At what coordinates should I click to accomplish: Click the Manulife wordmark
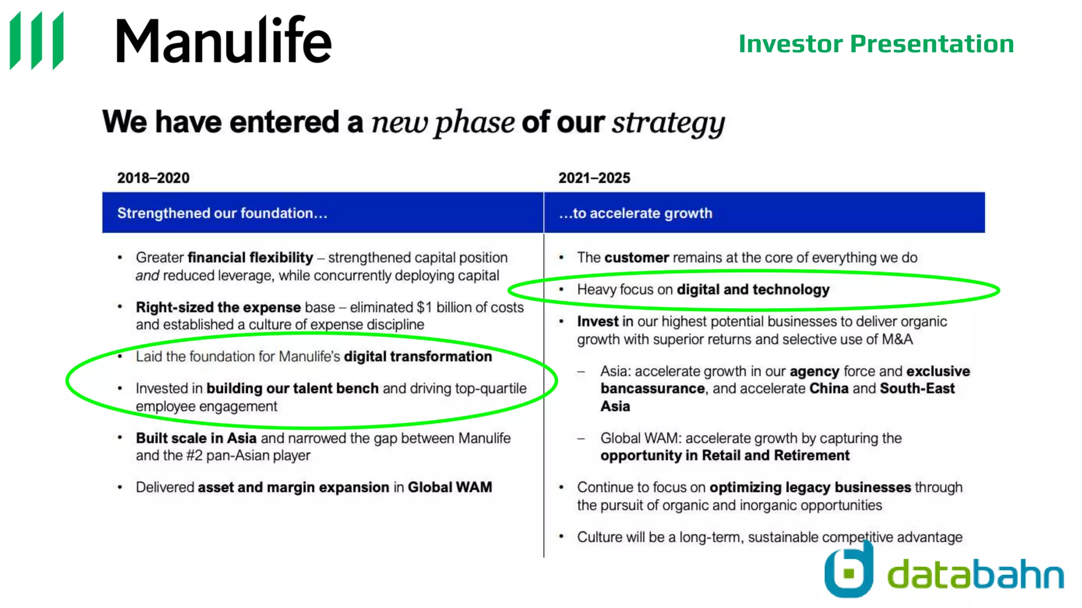click(x=223, y=41)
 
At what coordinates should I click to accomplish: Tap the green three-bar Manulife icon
click(x=36, y=41)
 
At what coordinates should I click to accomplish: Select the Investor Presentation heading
click(x=876, y=44)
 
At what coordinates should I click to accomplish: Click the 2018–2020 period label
click(x=153, y=178)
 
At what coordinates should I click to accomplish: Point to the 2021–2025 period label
click(x=594, y=178)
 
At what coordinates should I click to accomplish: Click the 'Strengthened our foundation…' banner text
click(x=222, y=213)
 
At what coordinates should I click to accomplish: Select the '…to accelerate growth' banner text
click(x=636, y=213)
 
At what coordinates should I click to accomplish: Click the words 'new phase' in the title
click(x=443, y=122)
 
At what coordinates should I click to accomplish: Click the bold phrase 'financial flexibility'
click(x=250, y=258)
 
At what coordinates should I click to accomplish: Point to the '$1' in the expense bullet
click(x=424, y=307)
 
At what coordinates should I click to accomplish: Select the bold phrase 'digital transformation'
click(x=418, y=357)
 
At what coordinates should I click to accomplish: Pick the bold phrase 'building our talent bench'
click(x=292, y=388)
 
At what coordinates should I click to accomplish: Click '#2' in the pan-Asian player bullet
click(x=194, y=455)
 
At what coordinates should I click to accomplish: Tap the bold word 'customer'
click(x=637, y=258)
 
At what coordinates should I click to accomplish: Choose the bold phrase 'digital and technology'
click(x=753, y=290)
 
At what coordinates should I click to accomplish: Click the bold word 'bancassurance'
click(x=652, y=389)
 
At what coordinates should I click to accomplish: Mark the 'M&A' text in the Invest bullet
click(x=897, y=339)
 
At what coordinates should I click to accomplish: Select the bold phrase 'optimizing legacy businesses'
click(x=810, y=487)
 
